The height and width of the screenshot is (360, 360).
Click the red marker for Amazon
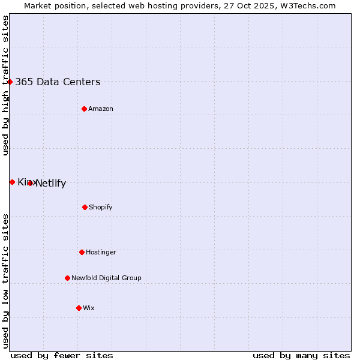[x=84, y=109]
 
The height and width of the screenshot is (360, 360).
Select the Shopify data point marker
[x=85, y=207]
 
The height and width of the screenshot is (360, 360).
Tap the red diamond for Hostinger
[x=82, y=252]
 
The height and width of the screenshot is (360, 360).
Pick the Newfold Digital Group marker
[x=67, y=278]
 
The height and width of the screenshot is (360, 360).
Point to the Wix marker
[x=79, y=308]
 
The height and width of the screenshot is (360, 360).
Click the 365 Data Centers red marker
[x=10, y=82]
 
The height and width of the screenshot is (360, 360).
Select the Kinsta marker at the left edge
[x=12, y=182]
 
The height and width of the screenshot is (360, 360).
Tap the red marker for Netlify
[x=30, y=183]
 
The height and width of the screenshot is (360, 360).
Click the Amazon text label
[x=101, y=109]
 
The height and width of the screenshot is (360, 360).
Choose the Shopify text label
[x=101, y=208]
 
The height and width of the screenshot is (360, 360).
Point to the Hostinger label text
[x=101, y=253]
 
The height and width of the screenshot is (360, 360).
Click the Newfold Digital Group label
[x=106, y=278]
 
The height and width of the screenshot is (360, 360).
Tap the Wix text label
[x=89, y=308]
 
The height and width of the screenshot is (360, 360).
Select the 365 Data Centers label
[x=58, y=82]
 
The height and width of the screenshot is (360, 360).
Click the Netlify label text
[x=51, y=184]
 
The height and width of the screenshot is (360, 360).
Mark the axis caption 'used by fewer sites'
[x=62, y=355]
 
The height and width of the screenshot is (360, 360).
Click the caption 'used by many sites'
[x=301, y=355]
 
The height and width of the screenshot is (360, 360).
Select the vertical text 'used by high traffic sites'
[x=5, y=85]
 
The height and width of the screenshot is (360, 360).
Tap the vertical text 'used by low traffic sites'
[x=5, y=281]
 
